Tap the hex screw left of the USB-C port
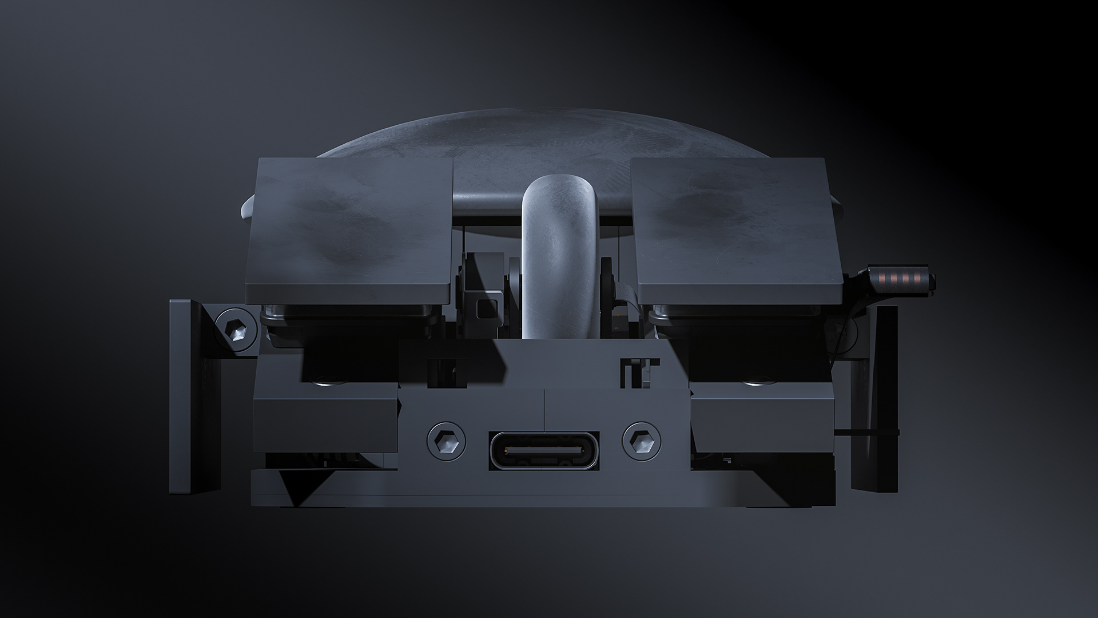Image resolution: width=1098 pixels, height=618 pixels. (x=446, y=441)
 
